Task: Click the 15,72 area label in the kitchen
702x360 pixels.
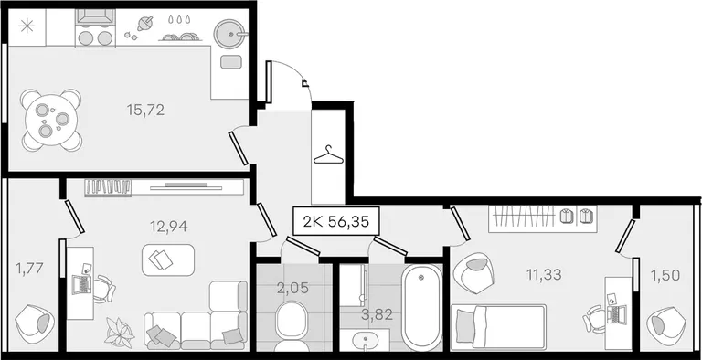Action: [145, 110]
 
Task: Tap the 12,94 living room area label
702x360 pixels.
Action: [168, 227]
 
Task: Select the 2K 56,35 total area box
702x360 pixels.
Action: [336, 221]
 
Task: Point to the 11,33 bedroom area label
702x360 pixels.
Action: [544, 274]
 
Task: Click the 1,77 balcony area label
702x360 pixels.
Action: [29, 269]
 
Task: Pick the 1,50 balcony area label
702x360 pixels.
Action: [666, 275]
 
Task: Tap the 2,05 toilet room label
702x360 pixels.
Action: [292, 288]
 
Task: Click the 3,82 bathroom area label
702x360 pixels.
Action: [377, 315]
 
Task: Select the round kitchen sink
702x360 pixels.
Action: [230, 33]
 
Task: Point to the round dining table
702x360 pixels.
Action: [51, 120]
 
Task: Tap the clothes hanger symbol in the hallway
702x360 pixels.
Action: [328, 155]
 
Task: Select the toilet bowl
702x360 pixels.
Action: [290, 325]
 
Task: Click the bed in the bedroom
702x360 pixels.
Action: [499, 327]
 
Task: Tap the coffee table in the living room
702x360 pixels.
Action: [168, 259]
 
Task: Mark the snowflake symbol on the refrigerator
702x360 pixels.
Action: [27, 26]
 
